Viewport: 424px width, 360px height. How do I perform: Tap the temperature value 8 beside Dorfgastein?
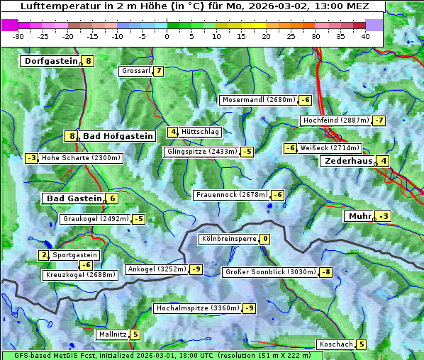click(89, 61)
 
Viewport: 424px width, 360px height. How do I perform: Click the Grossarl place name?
click(135, 71)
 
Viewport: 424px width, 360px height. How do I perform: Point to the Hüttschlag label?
click(201, 132)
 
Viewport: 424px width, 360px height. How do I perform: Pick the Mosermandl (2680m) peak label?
click(258, 100)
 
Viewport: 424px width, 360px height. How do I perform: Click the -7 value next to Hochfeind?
click(379, 120)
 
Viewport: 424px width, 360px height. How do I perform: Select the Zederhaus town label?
click(347, 161)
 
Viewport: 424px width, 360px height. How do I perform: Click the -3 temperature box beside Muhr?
click(384, 216)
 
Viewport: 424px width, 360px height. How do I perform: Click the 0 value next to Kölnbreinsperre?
click(264, 240)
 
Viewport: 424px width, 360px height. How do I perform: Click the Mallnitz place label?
click(112, 334)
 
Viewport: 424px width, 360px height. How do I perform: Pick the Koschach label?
click(336, 344)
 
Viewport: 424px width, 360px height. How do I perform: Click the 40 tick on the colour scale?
click(365, 35)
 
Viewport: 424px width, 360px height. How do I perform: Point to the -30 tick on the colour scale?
click(18, 35)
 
